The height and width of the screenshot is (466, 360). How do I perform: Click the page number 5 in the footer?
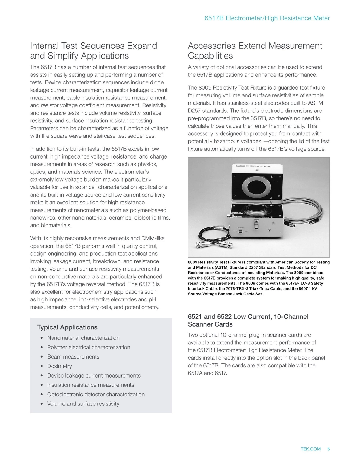point(329,449)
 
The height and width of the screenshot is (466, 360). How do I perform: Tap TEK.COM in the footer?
point(310,449)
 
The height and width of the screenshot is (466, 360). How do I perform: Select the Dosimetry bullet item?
point(60,366)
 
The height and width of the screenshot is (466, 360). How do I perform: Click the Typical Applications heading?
point(67,327)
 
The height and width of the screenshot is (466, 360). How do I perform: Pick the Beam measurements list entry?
point(73,357)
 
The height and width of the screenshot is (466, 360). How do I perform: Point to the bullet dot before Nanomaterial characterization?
point(42,338)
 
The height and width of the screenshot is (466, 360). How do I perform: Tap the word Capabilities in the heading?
point(210,56)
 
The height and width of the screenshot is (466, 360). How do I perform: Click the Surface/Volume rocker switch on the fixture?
point(240,231)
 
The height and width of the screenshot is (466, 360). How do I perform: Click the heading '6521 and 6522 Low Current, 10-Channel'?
point(248,317)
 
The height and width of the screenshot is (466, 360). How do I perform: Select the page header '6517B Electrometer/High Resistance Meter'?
point(267,18)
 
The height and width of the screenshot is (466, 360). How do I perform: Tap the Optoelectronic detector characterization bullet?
point(96,394)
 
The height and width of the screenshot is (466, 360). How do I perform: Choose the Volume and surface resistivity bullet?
point(83,404)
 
